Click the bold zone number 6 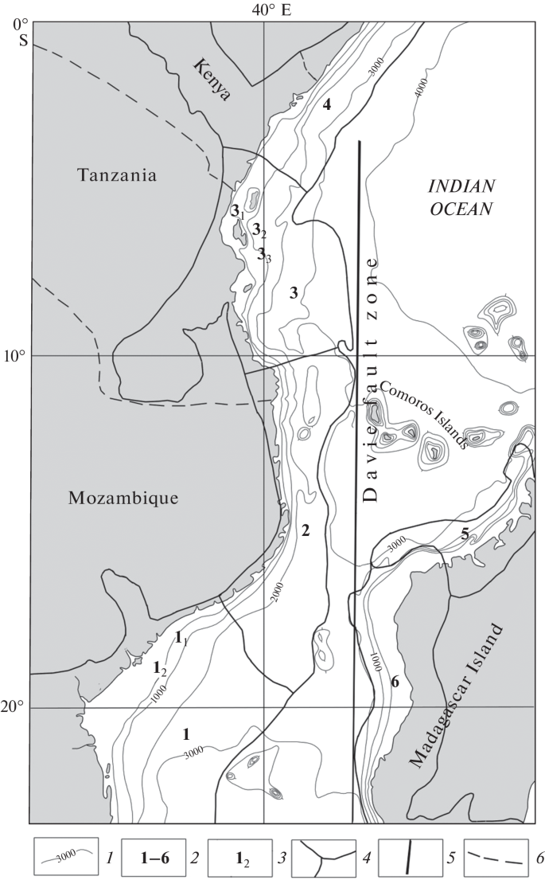395,682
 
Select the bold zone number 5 464,534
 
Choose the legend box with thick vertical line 410,858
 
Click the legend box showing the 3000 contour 67,858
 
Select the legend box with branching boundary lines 324,858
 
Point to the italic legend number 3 281,858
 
